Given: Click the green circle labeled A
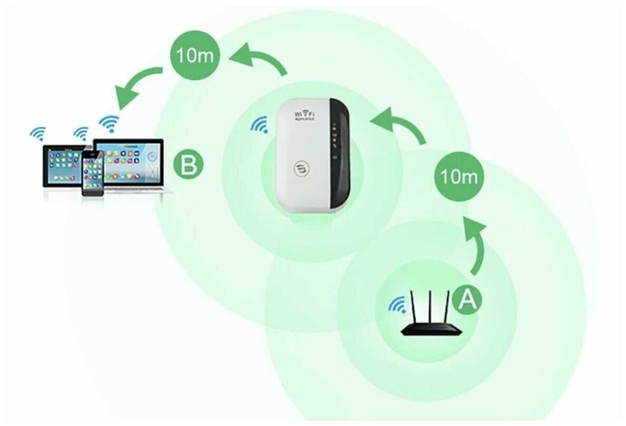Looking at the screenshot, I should pyautogui.click(x=467, y=300).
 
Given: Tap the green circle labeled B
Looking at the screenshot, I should pyautogui.click(x=188, y=164).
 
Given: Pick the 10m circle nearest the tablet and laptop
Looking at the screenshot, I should pyautogui.click(x=195, y=55).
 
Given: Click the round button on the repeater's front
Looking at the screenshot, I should pyautogui.click(x=302, y=169).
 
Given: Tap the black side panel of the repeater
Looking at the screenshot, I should pyautogui.click(x=339, y=153).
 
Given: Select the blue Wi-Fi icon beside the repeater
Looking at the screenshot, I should pyautogui.click(x=259, y=125).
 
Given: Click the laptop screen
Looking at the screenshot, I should pyautogui.click(x=129, y=161).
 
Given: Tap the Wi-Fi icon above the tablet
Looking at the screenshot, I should pyautogui.click(x=38, y=133).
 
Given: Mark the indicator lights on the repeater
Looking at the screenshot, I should pyautogui.click(x=335, y=135).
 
